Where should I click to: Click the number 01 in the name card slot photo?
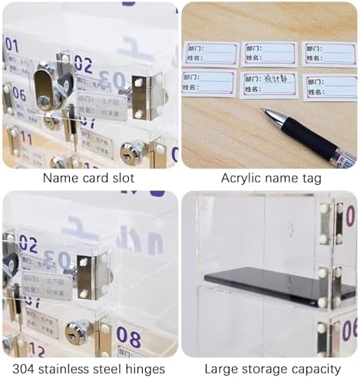tap(12, 44)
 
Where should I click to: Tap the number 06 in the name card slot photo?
tap(18, 95)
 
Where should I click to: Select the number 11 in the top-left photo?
tap(25, 138)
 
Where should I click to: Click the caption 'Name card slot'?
tap(88, 178)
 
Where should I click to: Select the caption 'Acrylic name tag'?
tap(271, 178)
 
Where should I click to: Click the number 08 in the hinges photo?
tap(128, 337)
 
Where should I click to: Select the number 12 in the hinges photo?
tap(35, 351)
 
